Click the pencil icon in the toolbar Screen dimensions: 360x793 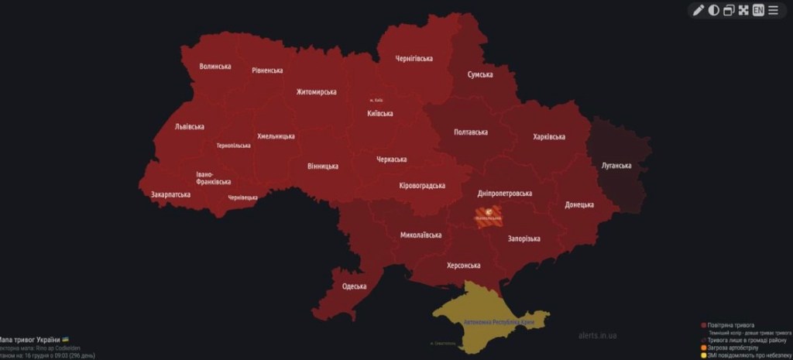click(x=698, y=10)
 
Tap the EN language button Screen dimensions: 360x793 click(x=758, y=10)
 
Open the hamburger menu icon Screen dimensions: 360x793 click(x=774, y=10)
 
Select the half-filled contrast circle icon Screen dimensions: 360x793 click(x=713, y=10)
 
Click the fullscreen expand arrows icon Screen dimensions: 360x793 click(x=743, y=10)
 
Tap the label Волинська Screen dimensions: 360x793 click(x=215, y=67)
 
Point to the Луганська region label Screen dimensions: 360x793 click(x=616, y=166)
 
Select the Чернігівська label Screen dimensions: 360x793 click(x=414, y=58)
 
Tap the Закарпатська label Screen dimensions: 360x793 click(x=170, y=194)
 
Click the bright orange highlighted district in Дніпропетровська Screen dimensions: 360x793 click(x=488, y=216)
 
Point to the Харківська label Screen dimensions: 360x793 click(x=549, y=137)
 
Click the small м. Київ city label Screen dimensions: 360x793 click(x=376, y=100)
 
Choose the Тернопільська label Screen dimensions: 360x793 click(x=233, y=146)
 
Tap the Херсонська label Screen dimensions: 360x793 click(x=463, y=266)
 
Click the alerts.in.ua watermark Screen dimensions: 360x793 click(x=597, y=336)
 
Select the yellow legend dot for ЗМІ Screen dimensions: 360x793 click(x=703, y=355)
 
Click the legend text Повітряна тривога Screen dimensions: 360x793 click(x=731, y=325)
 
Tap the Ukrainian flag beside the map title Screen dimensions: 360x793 click(x=65, y=340)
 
